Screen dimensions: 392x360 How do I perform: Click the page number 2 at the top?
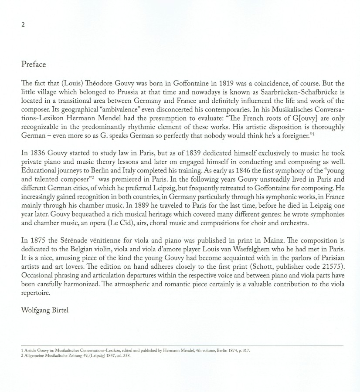pyautogui.click(x=23, y=25)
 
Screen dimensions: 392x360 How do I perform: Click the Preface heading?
pyautogui.click(x=34, y=64)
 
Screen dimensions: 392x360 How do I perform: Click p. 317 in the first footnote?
pyautogui.click(x=244, y=351)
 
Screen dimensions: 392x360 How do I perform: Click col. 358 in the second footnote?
pyautogui.click(x=122, y=355)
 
